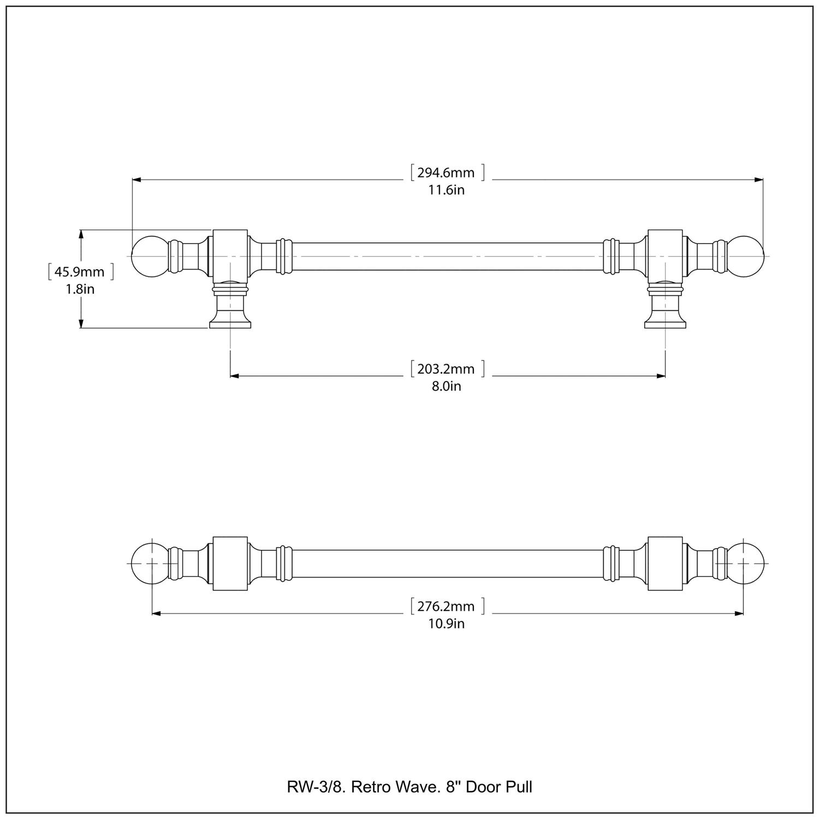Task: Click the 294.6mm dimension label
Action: (x=446, y=173)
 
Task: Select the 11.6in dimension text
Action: (x=446, y=191)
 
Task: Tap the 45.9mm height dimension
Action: (x=79, y=272)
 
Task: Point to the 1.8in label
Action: (x=80, y=289)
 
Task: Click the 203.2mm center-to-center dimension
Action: (x=446, y=369)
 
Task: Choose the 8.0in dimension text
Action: (x=446, y=387)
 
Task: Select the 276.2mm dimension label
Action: (x=446, y=607)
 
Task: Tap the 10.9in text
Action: (x=446, y=624)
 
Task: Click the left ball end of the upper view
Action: (x=149, y=256)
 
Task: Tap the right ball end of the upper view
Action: (x=746, y=256)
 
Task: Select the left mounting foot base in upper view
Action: (x=230, y=324)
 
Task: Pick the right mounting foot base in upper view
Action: (x=665, y=324)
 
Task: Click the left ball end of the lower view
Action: (x=149, y=563)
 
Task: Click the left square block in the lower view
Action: (x=230, y=563)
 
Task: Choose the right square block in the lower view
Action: (x=664, y=563)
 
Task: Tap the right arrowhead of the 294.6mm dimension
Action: (x=758, y=179)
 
